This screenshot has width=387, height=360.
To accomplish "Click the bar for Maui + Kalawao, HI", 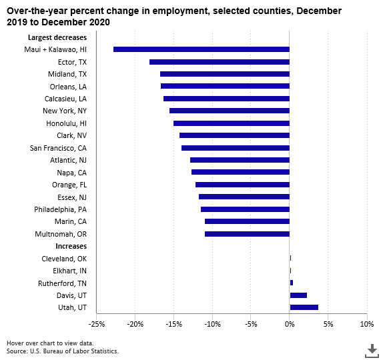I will point(202,49).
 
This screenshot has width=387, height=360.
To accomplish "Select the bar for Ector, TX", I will point(220,62).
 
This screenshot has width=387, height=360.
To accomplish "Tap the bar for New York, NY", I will point(230,111).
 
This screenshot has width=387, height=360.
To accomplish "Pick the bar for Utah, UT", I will point(304,307).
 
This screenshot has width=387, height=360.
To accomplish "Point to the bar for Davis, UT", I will point(298,295).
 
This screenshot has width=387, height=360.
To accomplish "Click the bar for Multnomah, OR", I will point(247,234).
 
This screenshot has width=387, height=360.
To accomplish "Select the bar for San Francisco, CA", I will point(236,148).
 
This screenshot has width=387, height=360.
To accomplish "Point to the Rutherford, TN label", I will point(61,283).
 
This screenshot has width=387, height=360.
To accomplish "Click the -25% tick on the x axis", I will point(97,324).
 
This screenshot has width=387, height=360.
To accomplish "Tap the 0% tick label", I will point(290,324).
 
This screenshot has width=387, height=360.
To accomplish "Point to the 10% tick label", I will point(366,324).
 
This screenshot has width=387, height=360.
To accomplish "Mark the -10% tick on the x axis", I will point(212,324).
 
